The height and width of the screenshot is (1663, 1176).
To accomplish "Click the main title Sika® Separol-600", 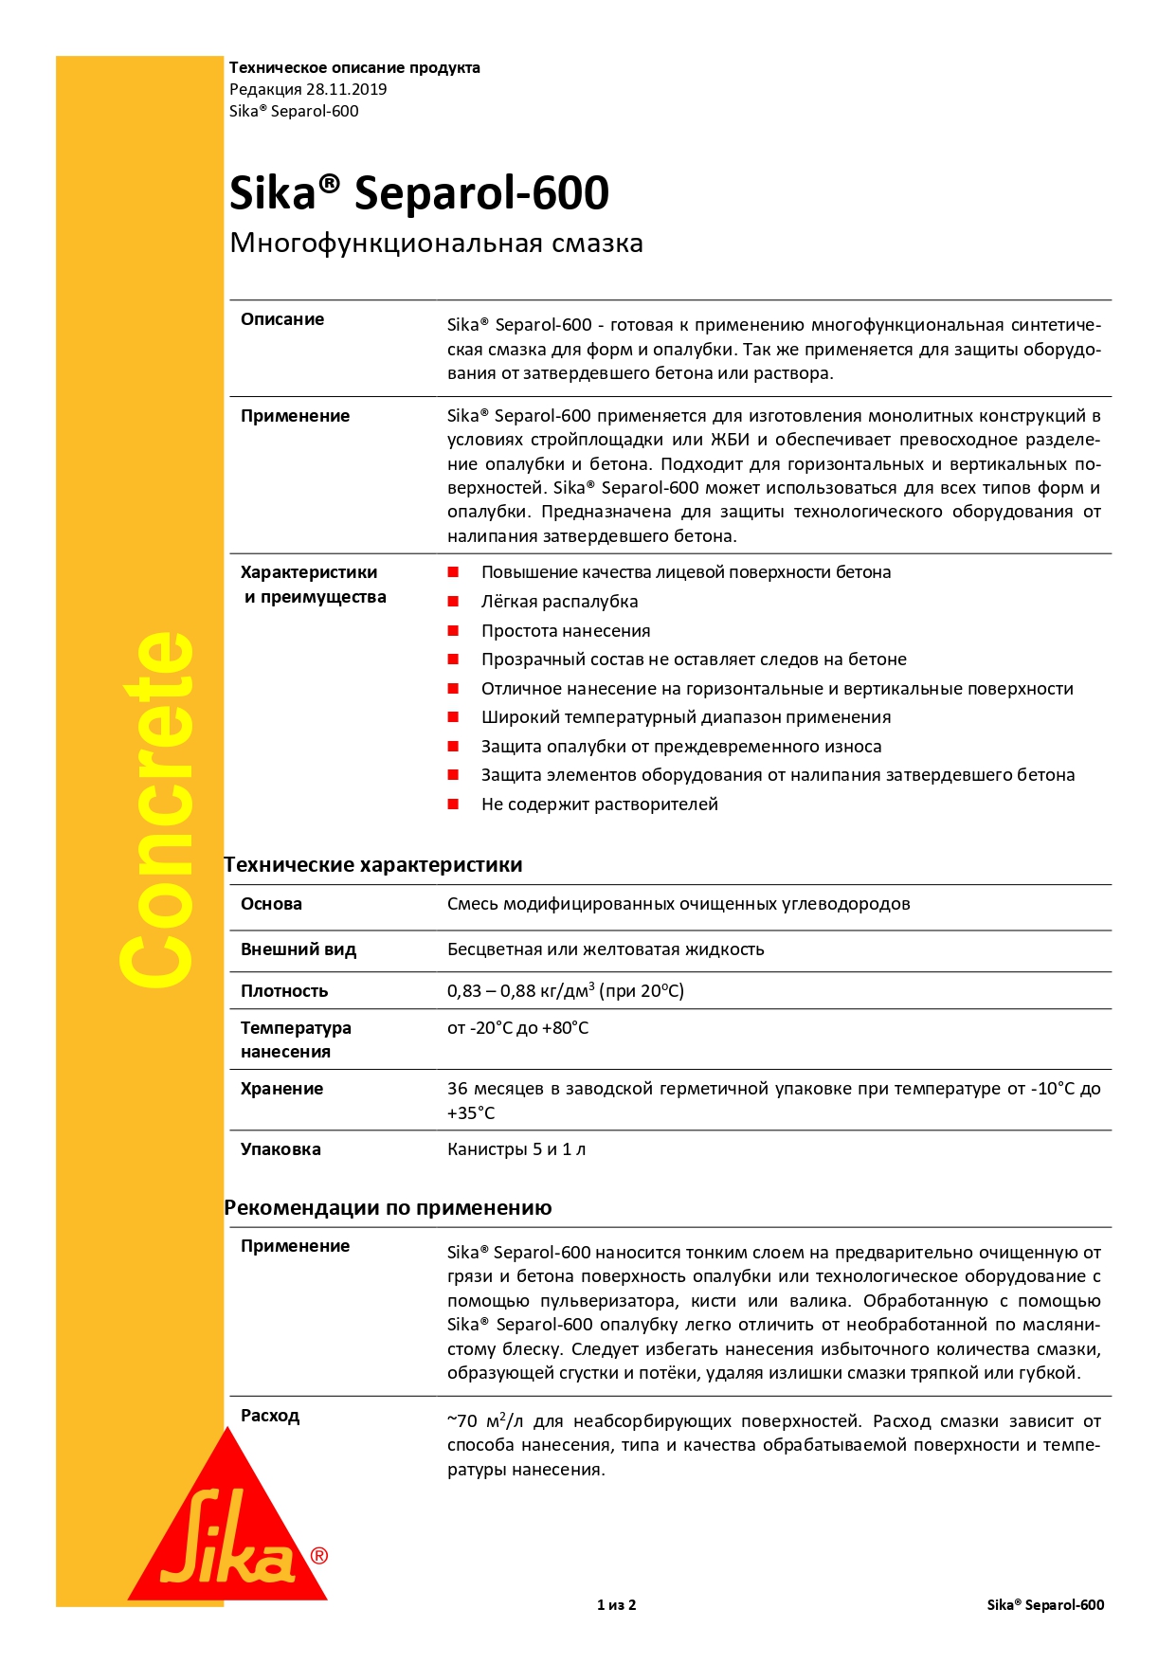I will coord(419,193).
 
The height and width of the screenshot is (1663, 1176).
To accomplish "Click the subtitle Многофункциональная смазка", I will coord(436,244).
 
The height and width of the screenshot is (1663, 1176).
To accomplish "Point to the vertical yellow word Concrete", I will coord(157,810).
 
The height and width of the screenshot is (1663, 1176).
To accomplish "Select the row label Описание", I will coord(282,319).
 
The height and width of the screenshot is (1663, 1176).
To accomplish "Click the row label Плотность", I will coord(284,991).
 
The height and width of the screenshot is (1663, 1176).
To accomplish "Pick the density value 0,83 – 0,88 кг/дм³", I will coord(565,991).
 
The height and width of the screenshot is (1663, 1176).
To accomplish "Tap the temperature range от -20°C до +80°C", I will coord(517,1028).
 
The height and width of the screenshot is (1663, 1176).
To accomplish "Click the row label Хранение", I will coord(281,1089).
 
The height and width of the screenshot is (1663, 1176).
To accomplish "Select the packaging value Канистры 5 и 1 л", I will coord(516,1149).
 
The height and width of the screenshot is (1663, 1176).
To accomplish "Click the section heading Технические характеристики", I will coord(373,865).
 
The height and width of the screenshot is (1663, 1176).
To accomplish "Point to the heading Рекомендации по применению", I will coord(388,1208).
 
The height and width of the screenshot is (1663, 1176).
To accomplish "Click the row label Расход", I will coord(270,1416).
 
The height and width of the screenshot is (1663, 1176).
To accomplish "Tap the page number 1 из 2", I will coord(616,1605).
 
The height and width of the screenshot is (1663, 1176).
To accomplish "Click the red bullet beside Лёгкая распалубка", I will coord(454,602).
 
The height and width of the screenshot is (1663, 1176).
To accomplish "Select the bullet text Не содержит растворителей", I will coord(600,804).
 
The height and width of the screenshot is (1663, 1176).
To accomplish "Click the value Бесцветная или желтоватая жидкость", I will coord(606,949).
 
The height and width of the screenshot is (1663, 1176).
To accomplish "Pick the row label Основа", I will coord(271,904).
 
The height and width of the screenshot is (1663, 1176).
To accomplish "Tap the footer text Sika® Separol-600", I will coord(1045,1605).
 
